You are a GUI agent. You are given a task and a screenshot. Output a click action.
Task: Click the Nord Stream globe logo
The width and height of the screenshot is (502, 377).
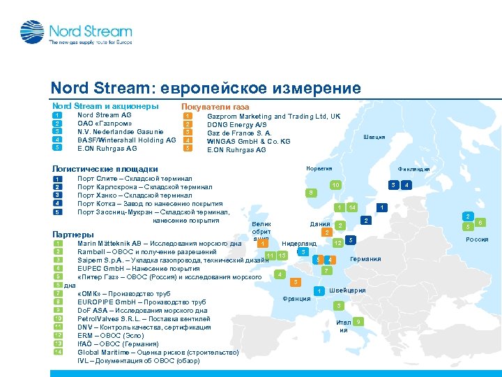coord(32,32)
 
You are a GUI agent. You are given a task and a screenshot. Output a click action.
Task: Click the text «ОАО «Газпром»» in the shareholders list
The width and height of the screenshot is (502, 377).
coord(105,123)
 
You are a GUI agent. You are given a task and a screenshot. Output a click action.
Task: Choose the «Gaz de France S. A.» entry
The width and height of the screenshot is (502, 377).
coord(239,133)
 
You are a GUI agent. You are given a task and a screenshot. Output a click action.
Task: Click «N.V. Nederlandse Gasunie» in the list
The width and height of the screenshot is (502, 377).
coord(121,131)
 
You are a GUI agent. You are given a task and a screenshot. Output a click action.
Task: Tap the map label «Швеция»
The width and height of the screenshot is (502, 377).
coord(374,137)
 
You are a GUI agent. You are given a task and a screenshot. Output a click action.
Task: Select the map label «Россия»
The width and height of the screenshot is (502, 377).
coord(477,239)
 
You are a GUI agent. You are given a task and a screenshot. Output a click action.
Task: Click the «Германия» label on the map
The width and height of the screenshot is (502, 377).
coord(365,259)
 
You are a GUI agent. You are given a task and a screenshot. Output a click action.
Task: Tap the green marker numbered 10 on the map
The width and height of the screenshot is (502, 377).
coord(335,185)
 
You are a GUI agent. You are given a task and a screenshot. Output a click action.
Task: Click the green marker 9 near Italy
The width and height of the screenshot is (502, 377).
coord(358,321)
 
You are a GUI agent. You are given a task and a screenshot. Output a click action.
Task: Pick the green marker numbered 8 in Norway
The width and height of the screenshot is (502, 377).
coord(310,193)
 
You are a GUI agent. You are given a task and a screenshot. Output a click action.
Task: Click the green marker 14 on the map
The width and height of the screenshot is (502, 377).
coord(353,207)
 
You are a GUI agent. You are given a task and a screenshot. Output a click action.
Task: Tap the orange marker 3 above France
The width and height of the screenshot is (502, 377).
coord(296,281)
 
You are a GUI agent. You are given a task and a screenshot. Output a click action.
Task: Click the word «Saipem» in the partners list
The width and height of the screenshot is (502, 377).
coord(91,260)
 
